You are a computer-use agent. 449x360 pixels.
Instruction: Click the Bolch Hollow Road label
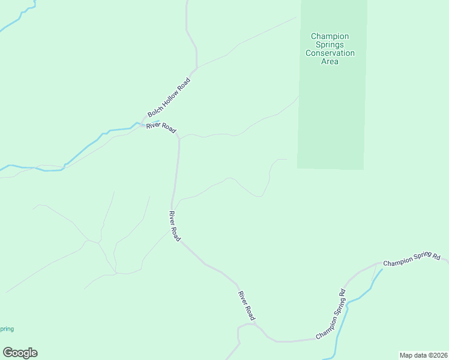(169, 98)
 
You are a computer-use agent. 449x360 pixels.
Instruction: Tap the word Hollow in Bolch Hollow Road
(170, 97)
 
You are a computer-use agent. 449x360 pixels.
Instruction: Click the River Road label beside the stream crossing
(161, 128)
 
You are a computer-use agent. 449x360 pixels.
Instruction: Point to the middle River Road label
(174, 226)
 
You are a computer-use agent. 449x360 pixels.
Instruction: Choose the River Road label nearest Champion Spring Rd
(247, 305)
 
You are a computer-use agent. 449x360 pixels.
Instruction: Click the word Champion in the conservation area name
(330, 37)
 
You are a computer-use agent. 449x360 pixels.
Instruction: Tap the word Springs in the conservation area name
(330, 45)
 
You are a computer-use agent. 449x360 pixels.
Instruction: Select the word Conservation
(330, 53)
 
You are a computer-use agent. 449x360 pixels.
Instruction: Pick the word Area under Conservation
(330, 61)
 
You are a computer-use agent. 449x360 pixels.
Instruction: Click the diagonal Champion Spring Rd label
(331, 314)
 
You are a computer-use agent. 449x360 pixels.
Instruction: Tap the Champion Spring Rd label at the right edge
(412, 260)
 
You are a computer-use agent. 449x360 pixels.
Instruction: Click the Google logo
(20, 353)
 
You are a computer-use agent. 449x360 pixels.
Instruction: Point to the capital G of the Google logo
(8, 352)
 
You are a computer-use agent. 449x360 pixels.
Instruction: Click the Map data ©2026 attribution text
(423, 355)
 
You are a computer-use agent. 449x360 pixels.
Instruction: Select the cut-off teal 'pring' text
(7, 329)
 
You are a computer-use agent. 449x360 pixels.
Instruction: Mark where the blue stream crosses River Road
(142, 124)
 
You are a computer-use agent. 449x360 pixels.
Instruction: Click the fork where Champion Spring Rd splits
(376, 264)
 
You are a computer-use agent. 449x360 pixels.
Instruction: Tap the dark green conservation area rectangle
(331, 114)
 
